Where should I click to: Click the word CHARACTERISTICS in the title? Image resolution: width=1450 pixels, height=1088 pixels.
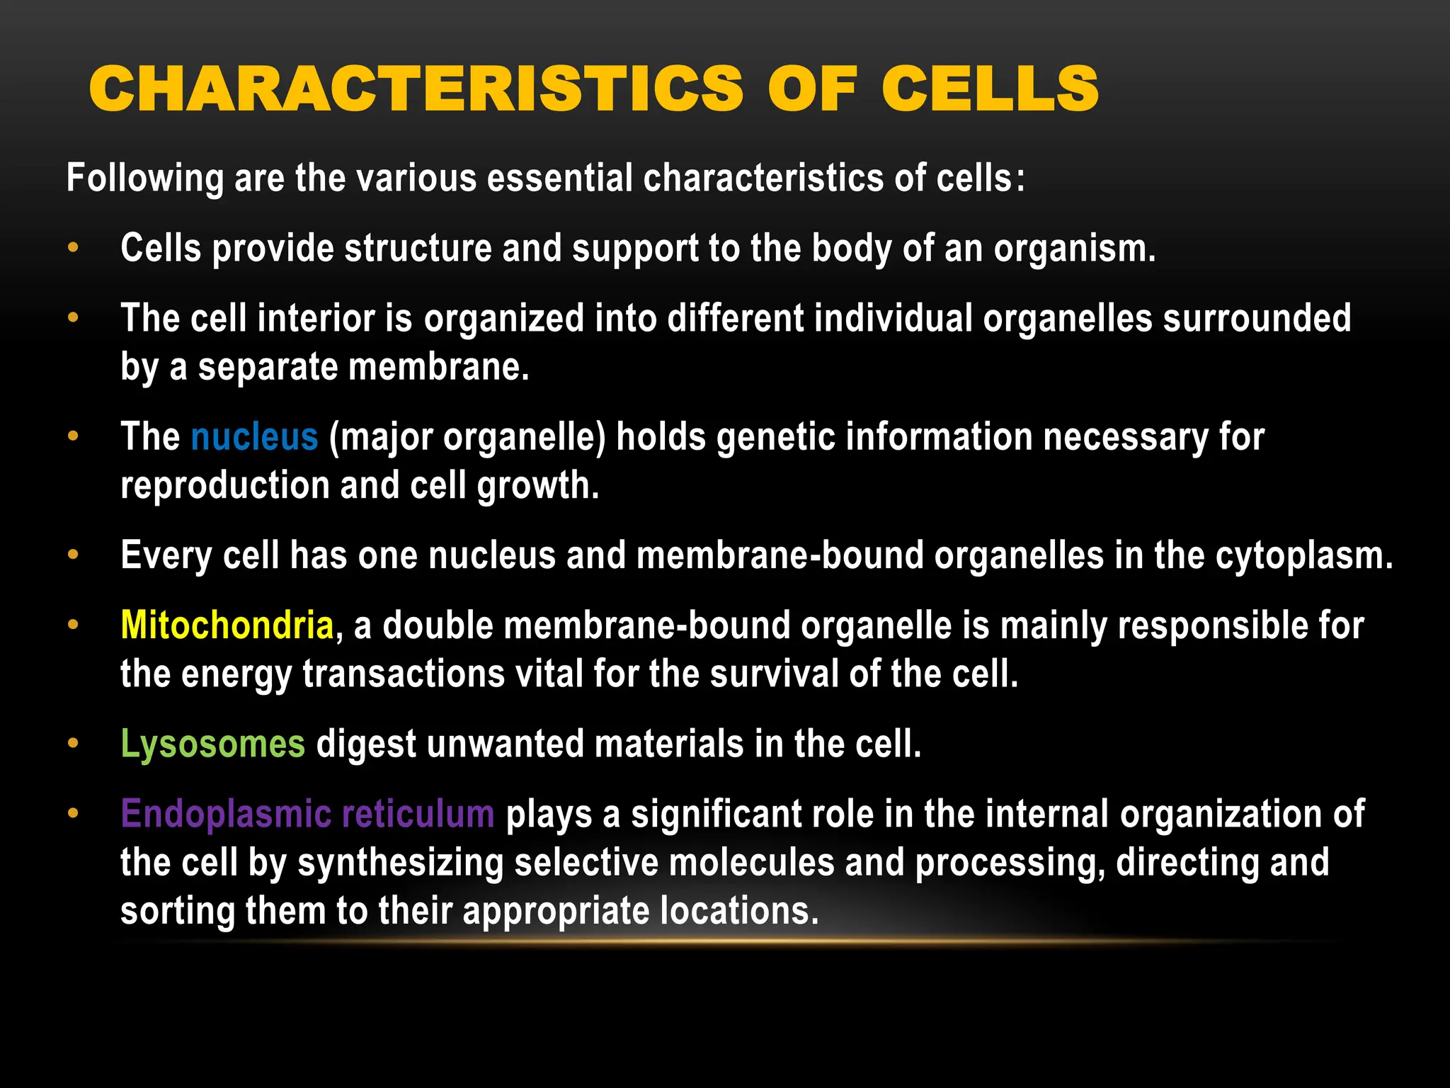[416, 89]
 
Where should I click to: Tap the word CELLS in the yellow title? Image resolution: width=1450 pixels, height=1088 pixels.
[990, 89]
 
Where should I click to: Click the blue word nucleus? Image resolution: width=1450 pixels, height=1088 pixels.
[254, 437]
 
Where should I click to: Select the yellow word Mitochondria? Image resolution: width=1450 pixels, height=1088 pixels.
[227, 626]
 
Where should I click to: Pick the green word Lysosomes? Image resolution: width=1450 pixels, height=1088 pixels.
[212, 744]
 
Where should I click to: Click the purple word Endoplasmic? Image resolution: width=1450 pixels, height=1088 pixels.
[226, 815]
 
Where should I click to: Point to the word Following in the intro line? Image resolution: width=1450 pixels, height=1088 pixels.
[144, 178]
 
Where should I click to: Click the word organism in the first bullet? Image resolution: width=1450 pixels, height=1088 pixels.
[1073, 249]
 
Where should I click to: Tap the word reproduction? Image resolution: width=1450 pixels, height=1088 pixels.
[224, 486]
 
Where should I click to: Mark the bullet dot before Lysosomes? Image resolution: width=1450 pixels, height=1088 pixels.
[73, 743]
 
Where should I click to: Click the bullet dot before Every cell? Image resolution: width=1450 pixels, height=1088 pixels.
[73, 555]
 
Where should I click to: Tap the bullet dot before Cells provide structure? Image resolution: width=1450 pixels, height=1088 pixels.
[73, 248]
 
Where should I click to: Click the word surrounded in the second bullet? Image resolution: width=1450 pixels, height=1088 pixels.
[1257, 319]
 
